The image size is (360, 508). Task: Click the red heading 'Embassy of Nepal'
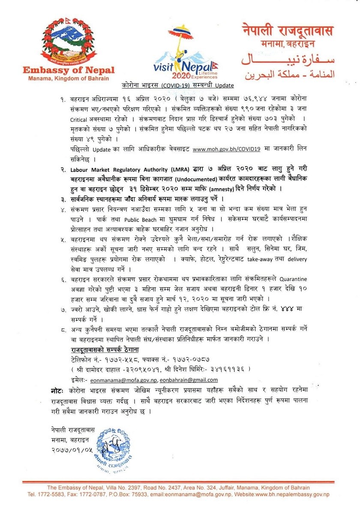(x=69, y=71)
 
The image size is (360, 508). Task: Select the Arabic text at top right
(x=287, y=66)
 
